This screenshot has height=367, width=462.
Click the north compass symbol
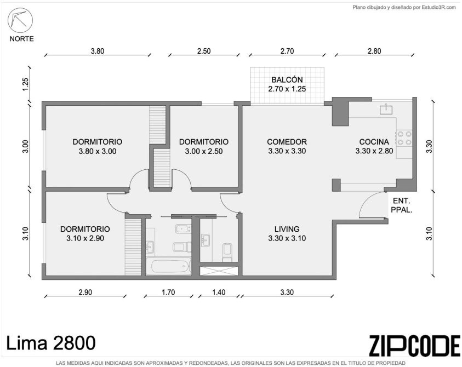(20, 20)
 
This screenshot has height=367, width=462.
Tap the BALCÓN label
(287, 79)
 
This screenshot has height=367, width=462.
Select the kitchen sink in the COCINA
(386, 109)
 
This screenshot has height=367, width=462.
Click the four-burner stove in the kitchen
(404, 138)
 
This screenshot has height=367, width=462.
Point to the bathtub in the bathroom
(168, 267)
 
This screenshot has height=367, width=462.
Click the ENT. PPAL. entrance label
(401, 205)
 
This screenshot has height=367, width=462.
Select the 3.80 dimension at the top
(98, 51)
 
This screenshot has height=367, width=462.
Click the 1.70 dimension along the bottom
(168, 292)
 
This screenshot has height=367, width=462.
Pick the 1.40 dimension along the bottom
(219, 292)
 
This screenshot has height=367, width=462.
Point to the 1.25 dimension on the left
(26, 84)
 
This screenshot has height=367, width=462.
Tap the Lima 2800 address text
(50, 343)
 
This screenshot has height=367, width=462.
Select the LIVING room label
(287, 229)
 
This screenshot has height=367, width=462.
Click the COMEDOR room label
(287, 142)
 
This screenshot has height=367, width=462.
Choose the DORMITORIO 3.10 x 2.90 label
(85, 233)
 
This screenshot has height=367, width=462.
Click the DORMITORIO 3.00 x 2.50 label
(204, 146)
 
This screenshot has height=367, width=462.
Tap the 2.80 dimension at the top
(374, 51)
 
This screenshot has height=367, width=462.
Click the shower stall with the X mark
(218, 271)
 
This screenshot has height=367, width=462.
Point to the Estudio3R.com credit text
(404, 8)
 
